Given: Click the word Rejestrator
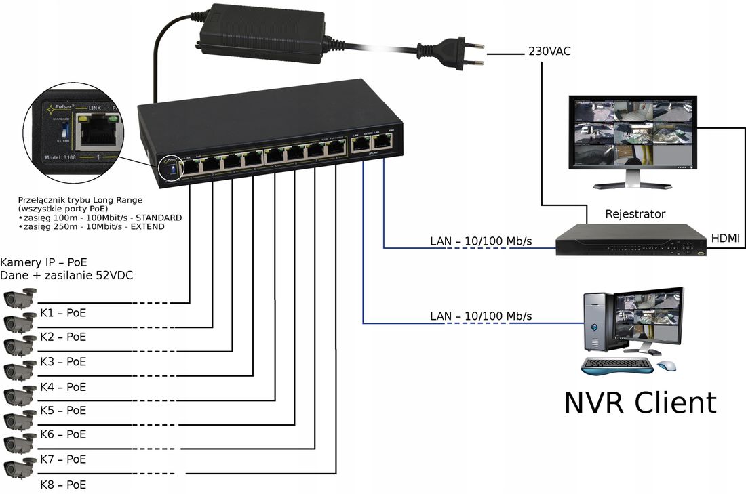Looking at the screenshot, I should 635,214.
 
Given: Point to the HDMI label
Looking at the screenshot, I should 725,239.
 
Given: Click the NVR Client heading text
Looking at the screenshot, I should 640,403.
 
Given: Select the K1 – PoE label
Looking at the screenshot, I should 63,313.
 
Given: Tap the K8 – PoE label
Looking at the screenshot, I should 63,485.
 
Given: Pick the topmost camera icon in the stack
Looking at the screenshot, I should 20,297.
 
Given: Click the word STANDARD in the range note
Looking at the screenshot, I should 157,218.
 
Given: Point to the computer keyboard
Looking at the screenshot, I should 617,366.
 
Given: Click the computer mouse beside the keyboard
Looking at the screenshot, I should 666,365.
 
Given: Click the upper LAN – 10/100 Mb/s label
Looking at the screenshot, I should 481,241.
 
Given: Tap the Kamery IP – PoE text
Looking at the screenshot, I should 44,262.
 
